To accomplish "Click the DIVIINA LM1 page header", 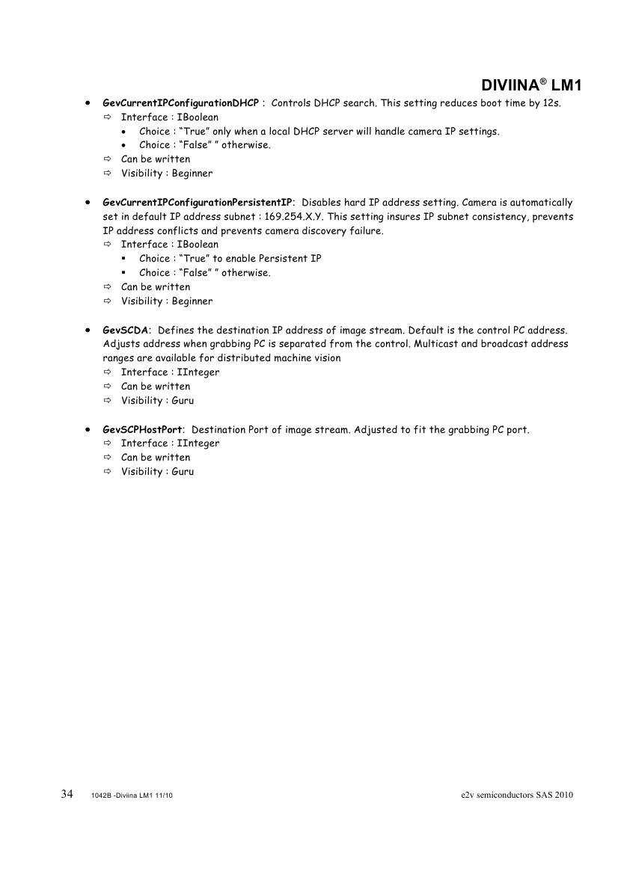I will [x=531, y=86].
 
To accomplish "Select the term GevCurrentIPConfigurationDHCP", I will [x=180, y=103].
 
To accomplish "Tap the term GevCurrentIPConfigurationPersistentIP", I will [x=198, y=203].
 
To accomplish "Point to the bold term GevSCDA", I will [x=126, y=330].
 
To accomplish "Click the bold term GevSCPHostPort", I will [x=143, y=430].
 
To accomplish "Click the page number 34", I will [x=67, y=794].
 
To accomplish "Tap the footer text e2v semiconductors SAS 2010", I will [x=517, y=795].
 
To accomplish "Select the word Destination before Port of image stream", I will [x=220, y=430].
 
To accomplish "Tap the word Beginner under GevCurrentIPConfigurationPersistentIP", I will [x=192, y=301].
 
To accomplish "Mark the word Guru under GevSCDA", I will [x=183, y=401].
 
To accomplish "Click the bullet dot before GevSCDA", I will [x=88, y=330].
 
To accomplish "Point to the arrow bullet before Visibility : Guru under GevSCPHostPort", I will [x=106, y=472].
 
